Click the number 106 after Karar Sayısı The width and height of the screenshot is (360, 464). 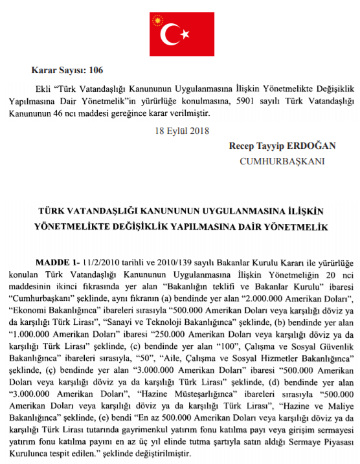tap(95, 70)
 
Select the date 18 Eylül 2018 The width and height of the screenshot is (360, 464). tap(179, 130)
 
